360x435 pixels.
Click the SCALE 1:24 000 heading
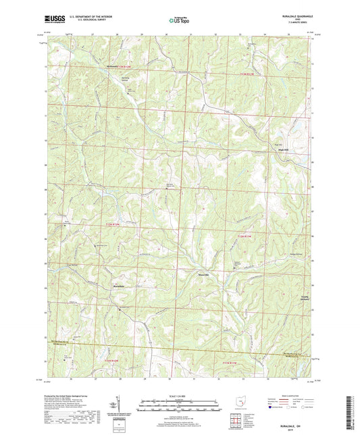click(x=178, y=395)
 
